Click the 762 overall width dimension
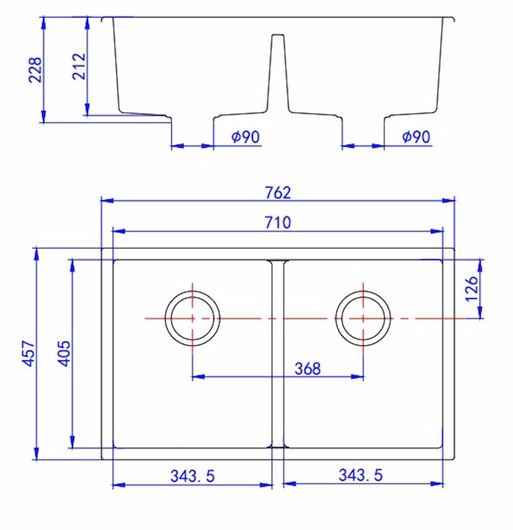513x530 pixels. pyautogui.click(x=278, y=192)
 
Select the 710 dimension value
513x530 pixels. pyautogui.click(x=278, y=223)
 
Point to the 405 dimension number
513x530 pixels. pyautogui.click(x=65, y=352)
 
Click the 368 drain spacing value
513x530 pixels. pyautogui.click(x=307, y=368)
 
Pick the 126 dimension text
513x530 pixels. pyautogui.click(x=472, y=289)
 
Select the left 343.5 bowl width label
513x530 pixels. pyautogui.click(x=192, y=476)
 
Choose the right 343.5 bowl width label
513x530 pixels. pyautogui.click(x=361, y=475)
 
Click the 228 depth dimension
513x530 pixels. pyautogui.click(x=35, y=69)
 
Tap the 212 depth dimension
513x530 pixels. pyautogui.click(x=80, y=66)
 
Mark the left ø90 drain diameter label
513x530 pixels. pyautogui.click(x=246, y=137)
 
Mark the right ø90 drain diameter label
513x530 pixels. pyautogui.click(x=416, y=137)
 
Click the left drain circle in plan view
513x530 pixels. pyautogui.click(x=192, y=319)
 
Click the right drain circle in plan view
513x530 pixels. pyautogui.click(x=363, y=319)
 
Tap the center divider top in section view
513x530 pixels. pyautogui.click(x=278, y=36)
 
